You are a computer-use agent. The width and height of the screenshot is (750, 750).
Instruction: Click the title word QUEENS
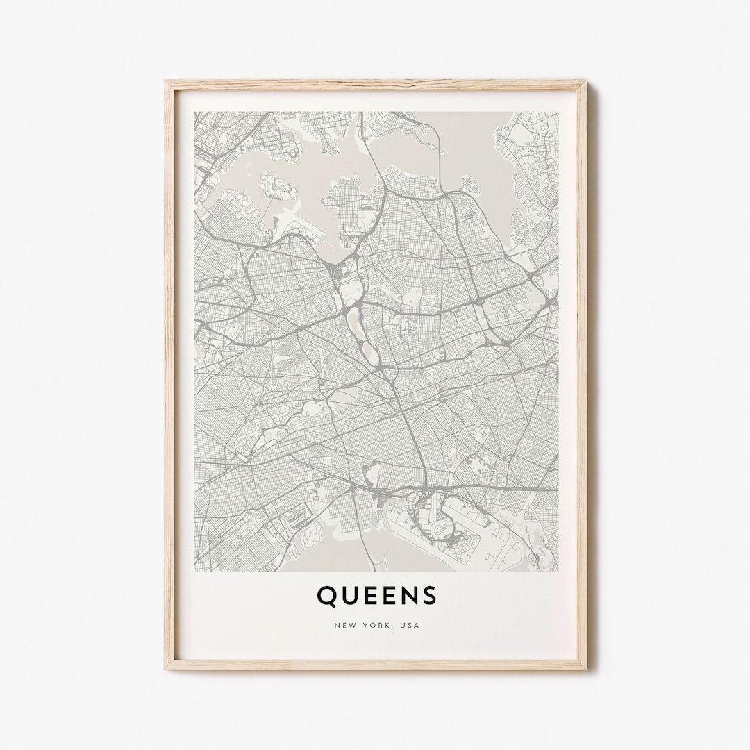pyautogui.click(x=376, y=595)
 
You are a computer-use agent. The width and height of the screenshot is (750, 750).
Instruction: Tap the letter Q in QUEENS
pyautogui.click(x=325, y=595)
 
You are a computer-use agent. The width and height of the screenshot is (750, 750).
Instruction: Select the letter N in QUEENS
pyautogui.click(x=407, y=595)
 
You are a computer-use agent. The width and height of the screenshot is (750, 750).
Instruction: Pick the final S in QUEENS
pyautogui.click(x=429, y=595)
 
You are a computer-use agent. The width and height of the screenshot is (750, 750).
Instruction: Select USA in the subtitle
pyautogui.click(x=410, y=625)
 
